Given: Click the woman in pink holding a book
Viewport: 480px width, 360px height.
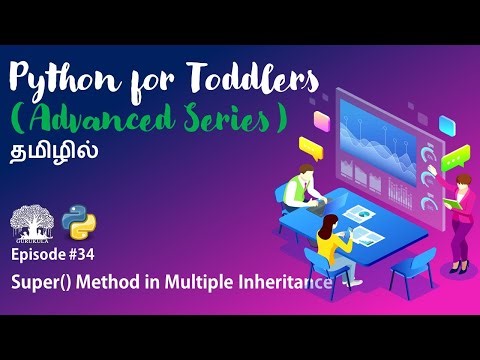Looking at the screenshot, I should (x=463, y=215).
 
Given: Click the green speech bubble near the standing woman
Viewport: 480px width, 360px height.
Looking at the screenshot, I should (x=457, y=158).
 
